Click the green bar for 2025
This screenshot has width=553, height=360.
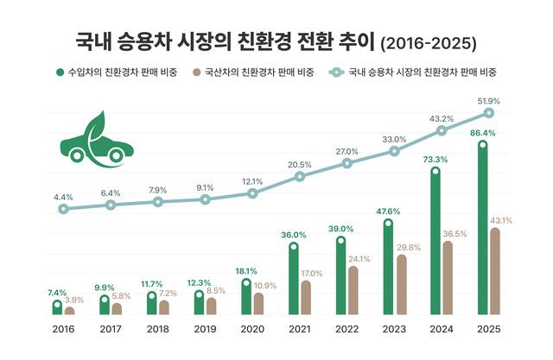(x=482, y=230)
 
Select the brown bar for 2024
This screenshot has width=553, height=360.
(x=447, y=278)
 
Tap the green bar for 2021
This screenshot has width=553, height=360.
(x=294, y=281)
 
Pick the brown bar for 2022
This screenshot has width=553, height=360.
(x=353, y=291)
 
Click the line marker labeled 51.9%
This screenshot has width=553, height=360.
(x=488, y=113)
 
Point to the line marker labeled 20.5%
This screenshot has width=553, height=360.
(x=300, y=176)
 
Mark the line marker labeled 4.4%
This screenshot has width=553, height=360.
(x=63, y=209)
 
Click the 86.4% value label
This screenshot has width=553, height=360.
(x=480, y=133)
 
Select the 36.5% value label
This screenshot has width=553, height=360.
(x=454, y=233)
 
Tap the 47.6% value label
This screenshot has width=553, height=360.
(x=387, y=212)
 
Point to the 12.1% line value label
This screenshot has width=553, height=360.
(x=252, y=181)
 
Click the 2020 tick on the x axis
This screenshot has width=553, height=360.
(x=252, y=329)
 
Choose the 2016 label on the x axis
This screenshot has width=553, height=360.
(x=63, y=329)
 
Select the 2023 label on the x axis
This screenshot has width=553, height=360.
(x=394, y=329)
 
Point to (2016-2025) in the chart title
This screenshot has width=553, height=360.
(x=429, y=41)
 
